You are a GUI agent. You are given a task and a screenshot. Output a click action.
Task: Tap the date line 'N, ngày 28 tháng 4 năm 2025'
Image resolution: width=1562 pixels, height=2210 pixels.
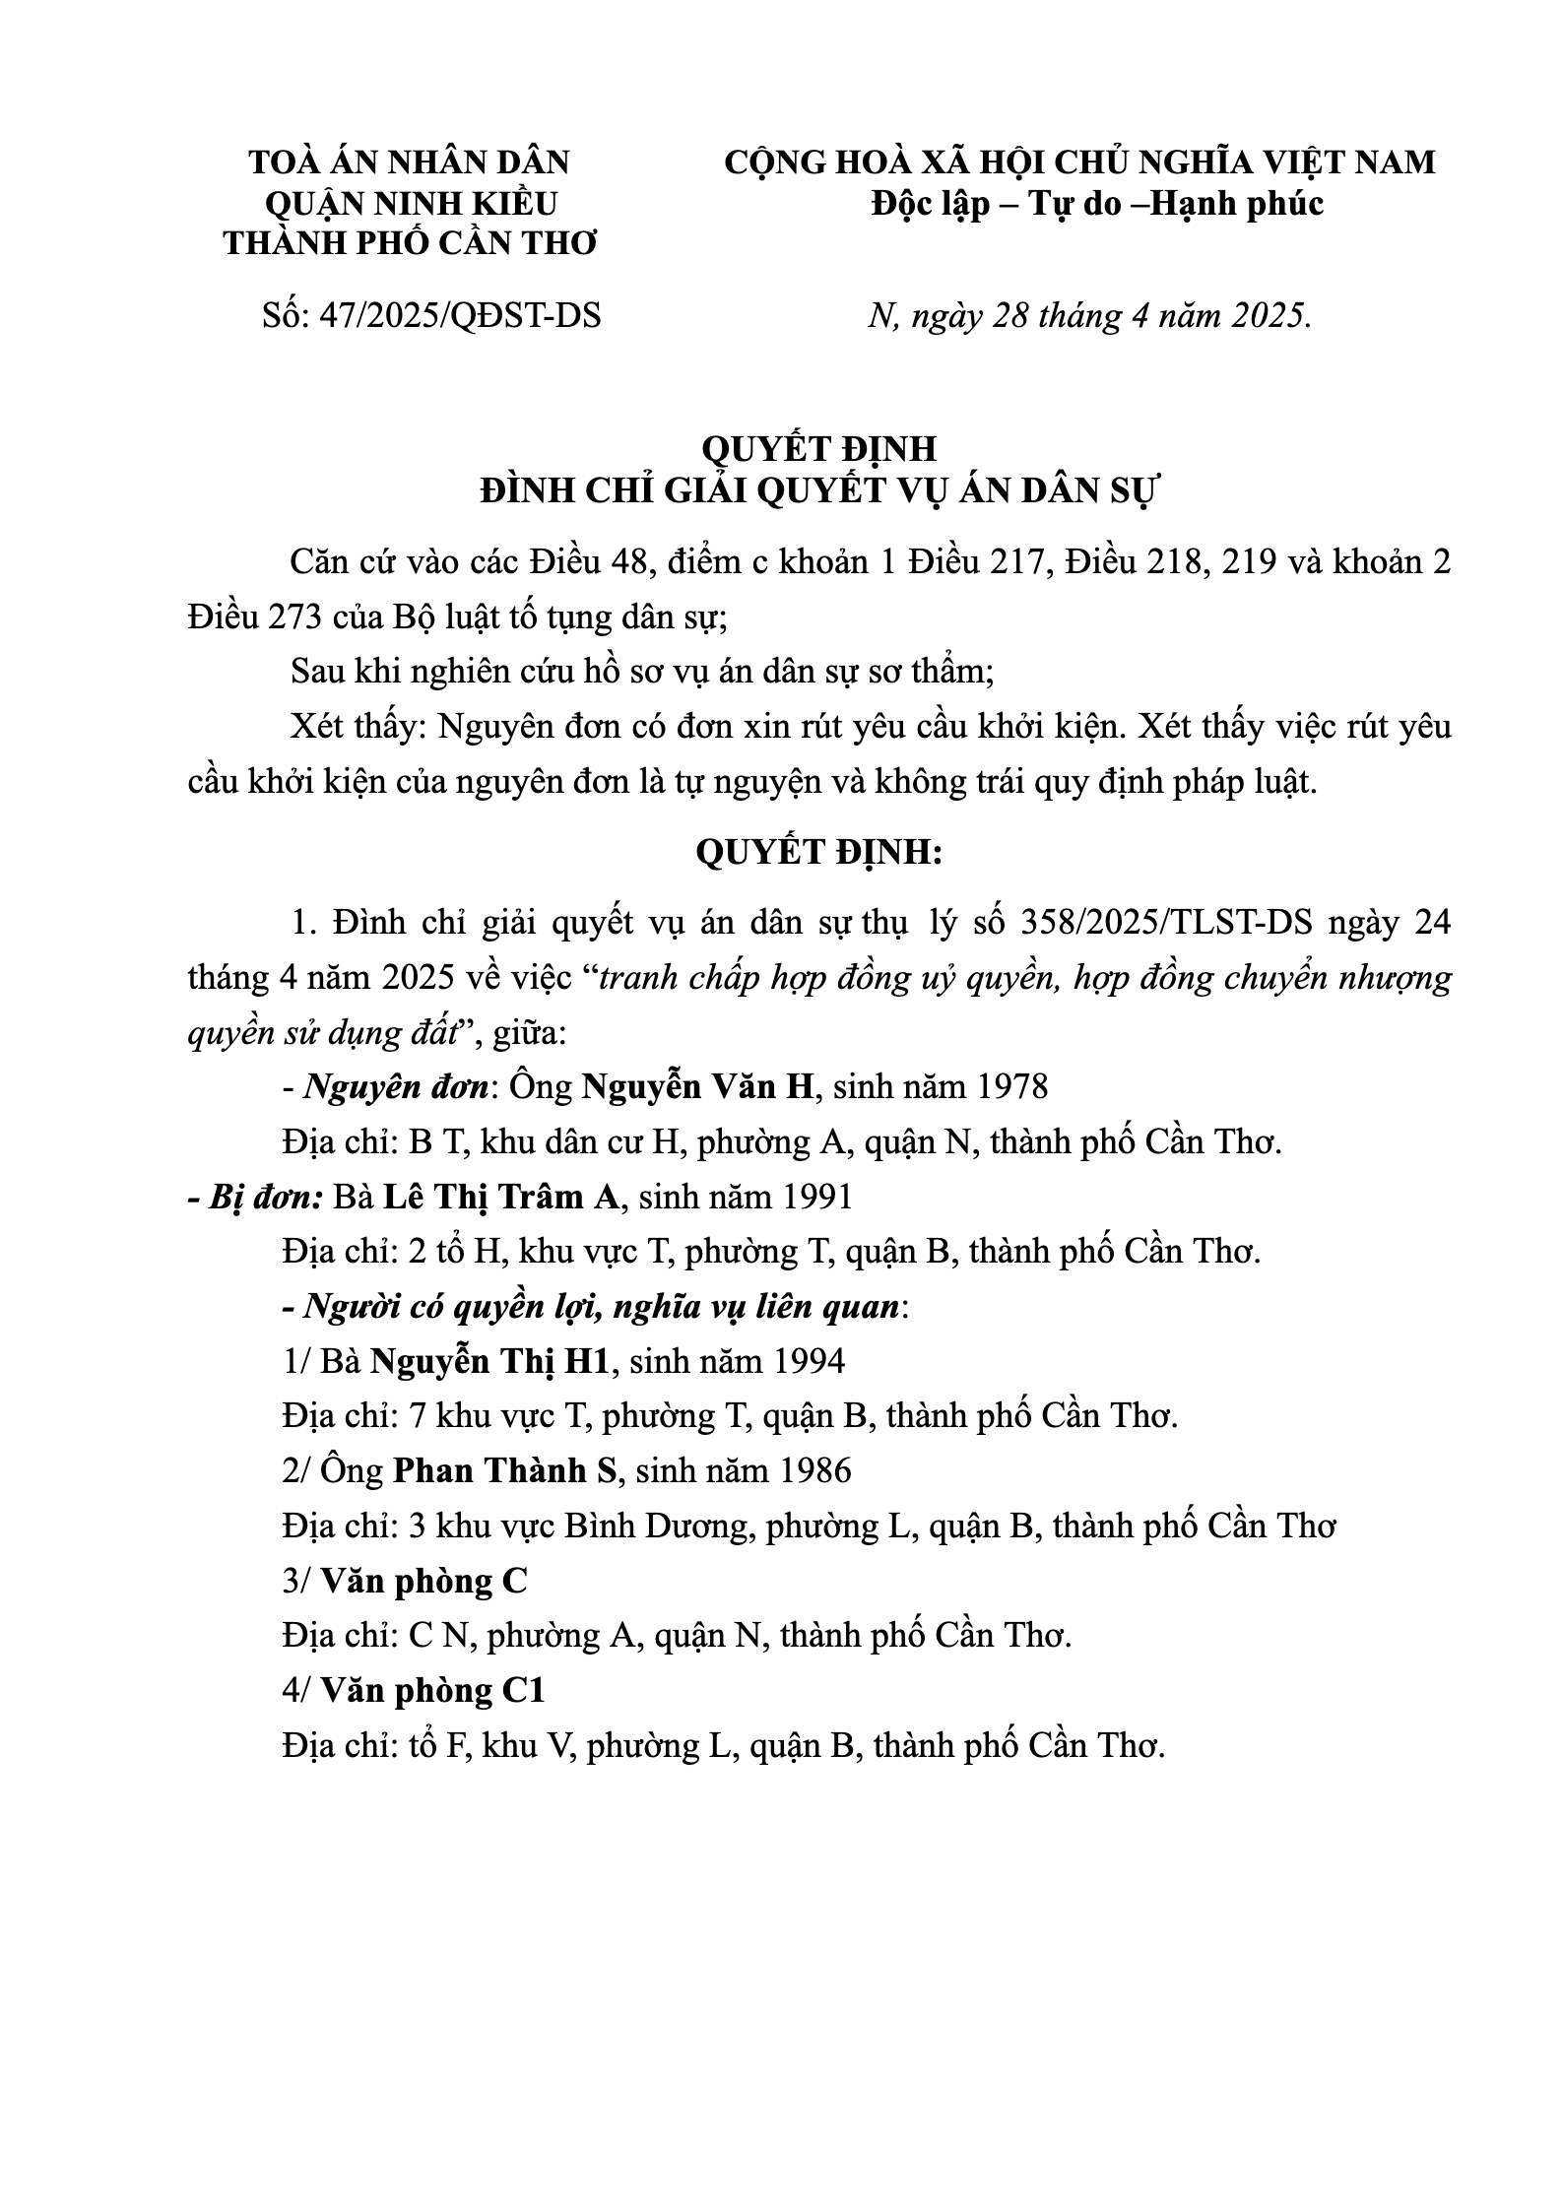1089,316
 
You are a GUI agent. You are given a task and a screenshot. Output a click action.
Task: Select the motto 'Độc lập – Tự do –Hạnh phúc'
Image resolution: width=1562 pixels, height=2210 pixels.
1098,204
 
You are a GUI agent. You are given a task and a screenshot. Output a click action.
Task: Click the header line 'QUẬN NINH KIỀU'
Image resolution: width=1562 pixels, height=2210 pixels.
411,204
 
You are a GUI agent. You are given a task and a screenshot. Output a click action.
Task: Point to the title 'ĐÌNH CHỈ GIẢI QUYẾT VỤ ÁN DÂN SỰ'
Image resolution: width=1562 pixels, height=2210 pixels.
819,490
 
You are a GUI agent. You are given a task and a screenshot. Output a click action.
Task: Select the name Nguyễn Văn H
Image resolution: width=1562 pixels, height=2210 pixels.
699,1087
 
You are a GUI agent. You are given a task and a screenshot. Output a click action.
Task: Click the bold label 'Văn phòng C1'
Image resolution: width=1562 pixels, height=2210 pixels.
432,1691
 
